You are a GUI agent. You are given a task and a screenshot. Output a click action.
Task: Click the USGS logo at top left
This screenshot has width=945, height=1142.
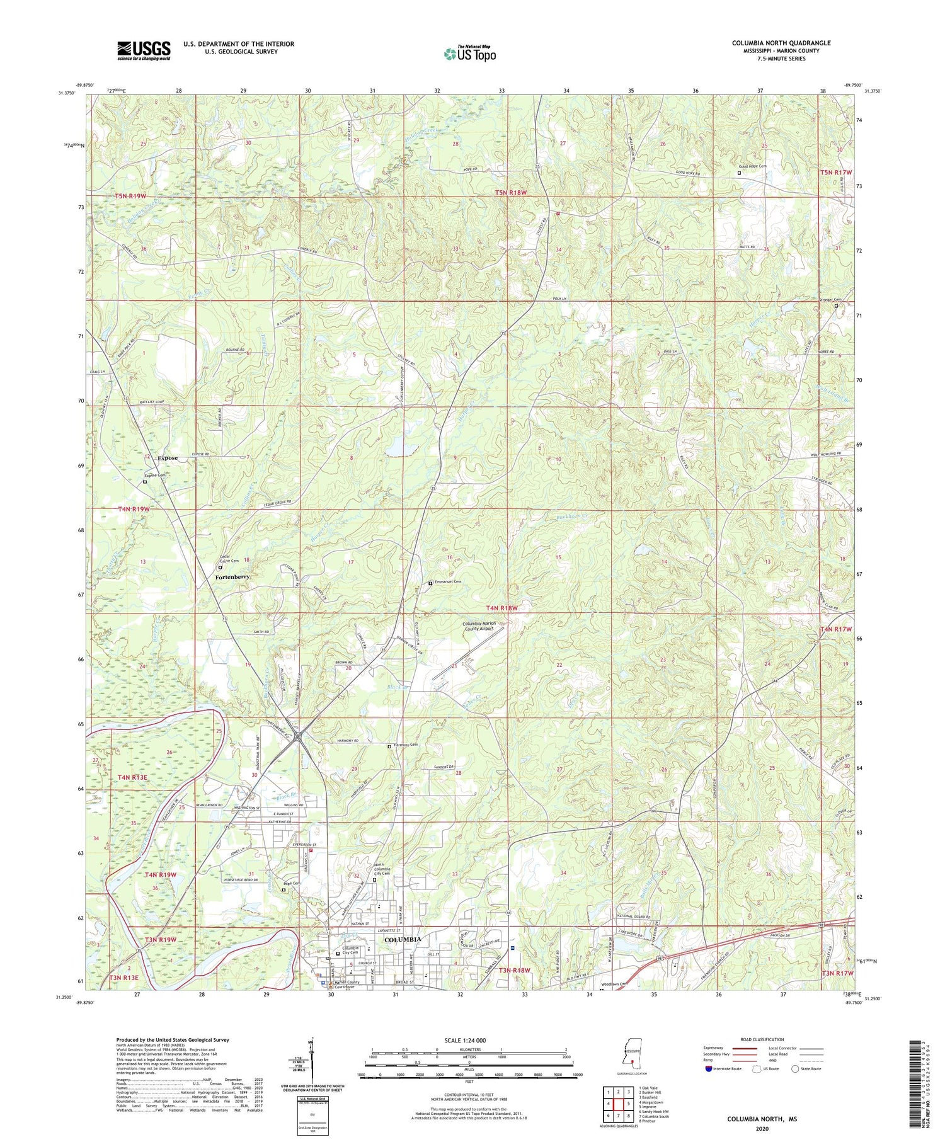click(x=144, y=50)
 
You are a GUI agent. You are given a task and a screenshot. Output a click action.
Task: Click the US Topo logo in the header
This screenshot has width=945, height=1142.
click(x=469, y=54)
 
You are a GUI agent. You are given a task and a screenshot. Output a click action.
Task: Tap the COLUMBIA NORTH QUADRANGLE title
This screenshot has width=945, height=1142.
click(x=781, y=43)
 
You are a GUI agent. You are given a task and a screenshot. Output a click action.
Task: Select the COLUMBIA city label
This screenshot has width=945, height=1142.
click(x=402, y=939)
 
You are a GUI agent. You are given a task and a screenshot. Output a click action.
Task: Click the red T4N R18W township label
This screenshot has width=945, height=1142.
click(x=501, y=608)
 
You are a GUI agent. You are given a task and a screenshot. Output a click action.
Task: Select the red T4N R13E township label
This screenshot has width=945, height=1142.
click(x=132, y=778)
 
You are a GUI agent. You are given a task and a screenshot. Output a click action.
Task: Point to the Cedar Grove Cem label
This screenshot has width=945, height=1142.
click(x=229, y=559)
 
